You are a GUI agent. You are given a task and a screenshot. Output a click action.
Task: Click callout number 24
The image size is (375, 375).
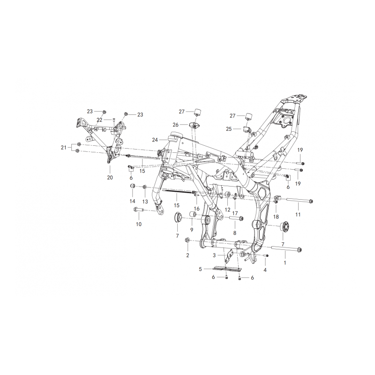pos(155,140)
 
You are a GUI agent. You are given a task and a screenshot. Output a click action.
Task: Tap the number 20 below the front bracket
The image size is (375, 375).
pos(110,178)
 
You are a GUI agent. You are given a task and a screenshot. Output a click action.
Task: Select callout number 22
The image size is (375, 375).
pos(99,120)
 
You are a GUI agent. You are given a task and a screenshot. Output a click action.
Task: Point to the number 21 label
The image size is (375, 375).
pos(63,148)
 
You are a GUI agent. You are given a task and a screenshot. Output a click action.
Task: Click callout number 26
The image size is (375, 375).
pos(175,125)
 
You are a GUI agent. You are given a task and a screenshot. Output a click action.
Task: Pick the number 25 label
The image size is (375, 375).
pos(229,129)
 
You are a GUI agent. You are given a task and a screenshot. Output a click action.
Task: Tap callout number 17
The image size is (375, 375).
pos(235,213)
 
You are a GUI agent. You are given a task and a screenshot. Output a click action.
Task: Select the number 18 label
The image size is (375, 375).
pos(276,217)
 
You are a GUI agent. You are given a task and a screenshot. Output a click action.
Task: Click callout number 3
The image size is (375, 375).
pos(214,255)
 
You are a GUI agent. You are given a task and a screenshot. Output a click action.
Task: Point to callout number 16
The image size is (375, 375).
pos(196,209)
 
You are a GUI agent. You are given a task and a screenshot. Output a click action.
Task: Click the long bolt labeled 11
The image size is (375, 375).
pos(299,201)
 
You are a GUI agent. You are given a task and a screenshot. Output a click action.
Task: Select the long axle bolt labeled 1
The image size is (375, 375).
pos(287,249)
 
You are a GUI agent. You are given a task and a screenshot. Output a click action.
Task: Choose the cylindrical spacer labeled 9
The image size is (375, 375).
pos(193,214)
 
